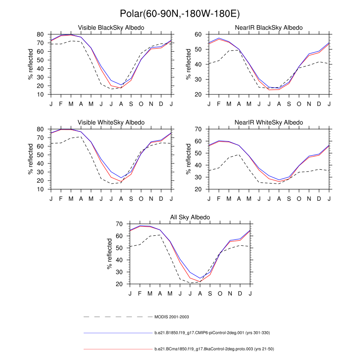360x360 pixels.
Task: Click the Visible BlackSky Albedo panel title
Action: pyautogui.click(x=111, y=28)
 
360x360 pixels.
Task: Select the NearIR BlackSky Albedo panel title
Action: pyautogui.click(x=269, y=28)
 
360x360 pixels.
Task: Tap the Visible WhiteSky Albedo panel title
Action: pyautogui.click(x=111, y=122)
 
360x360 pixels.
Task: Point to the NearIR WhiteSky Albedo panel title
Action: pyautogui.click(x=269, y=122)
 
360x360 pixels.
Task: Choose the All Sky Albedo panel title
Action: pyautogui.click(x=190, y=217)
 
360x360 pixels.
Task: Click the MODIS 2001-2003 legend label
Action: pyautogui.click(x=171, y=317)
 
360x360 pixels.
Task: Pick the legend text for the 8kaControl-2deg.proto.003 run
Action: pyautogui.click(x=212, y=349)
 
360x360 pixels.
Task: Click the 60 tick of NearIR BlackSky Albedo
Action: pyautogui.click(x=198, y=34)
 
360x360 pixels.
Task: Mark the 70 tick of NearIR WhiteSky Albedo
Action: pyautogui.click(x=198, y=129)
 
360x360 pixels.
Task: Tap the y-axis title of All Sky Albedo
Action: pyautogui.click(x=109, y=254)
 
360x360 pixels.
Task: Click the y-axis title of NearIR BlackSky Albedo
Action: pyautogui.click(x=189, y=64)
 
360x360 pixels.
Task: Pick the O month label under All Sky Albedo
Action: pyautogui.click(x=220, y=293)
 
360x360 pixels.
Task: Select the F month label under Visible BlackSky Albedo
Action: pyautogui.click(x=61, y=104)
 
